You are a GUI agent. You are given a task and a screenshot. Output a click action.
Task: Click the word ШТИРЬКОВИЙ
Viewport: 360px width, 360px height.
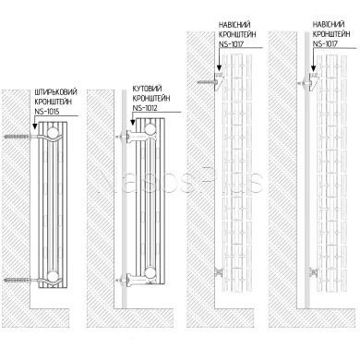click(54, 92)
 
